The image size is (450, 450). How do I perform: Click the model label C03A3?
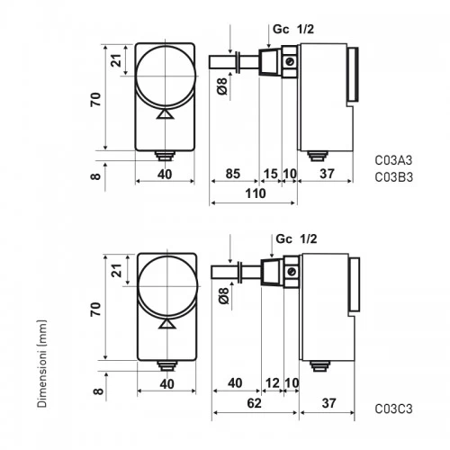tap(393, 160)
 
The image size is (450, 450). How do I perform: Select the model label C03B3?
tap(394, 177)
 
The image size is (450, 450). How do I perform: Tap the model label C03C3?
tap(393, 409)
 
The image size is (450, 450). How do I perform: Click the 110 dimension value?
tap(256, 193)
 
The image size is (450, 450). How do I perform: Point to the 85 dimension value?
tap(233, 174)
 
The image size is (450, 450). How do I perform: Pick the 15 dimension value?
tap(271, 174)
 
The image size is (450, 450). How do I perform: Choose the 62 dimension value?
tap(255, 403)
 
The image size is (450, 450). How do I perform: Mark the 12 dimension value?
tap(273, 383)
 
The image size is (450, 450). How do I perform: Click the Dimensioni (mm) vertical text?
tap(42, 364)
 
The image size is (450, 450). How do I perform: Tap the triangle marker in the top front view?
tap(166, 114)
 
